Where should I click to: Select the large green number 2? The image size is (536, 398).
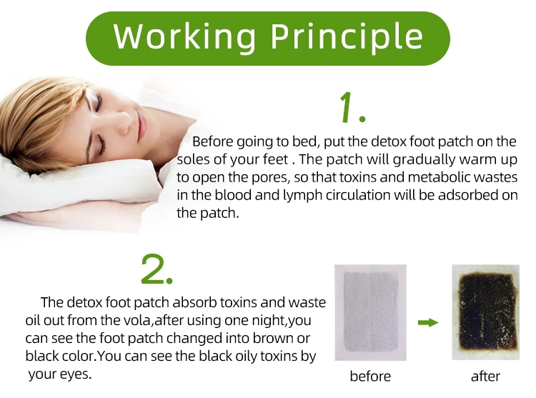[157, 269]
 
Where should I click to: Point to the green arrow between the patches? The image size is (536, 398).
[427, 323]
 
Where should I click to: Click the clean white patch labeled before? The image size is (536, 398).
[370, 312]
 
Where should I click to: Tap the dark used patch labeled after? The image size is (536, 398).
[485, 312]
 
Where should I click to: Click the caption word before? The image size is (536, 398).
[369, 376]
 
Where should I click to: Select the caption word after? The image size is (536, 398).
[485, 376]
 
